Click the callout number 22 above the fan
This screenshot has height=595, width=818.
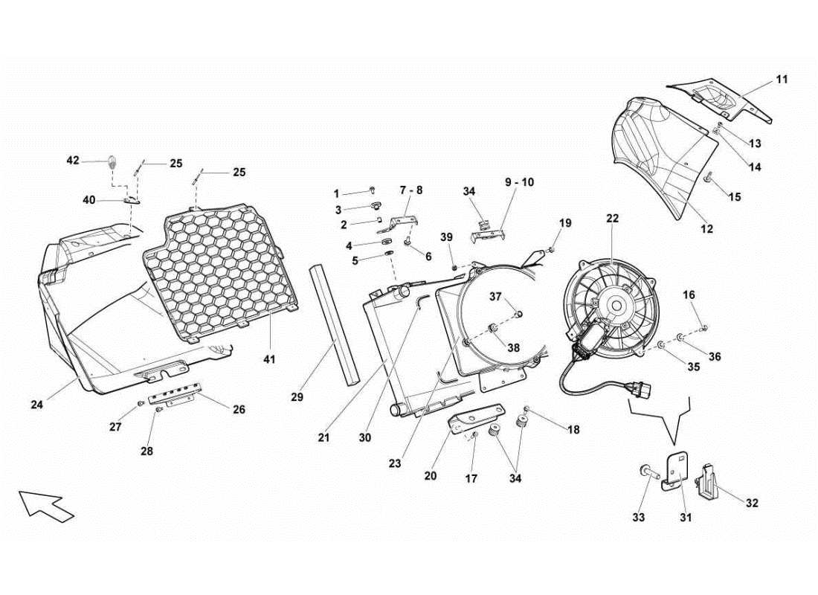coord(612,219)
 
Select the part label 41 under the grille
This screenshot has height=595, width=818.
coord(269,359)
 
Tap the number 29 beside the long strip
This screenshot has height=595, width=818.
coord(297,398)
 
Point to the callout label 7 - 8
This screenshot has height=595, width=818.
coord(411,190)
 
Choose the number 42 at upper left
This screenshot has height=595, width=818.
coord(73,160)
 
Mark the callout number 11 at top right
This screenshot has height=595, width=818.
coord(782,79)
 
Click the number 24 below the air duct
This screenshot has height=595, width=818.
coord(37,405)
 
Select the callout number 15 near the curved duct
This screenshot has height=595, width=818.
coord(734,197)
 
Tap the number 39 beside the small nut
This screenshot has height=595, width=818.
coord(446,237)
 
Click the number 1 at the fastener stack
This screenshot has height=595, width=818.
coord(336,193)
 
